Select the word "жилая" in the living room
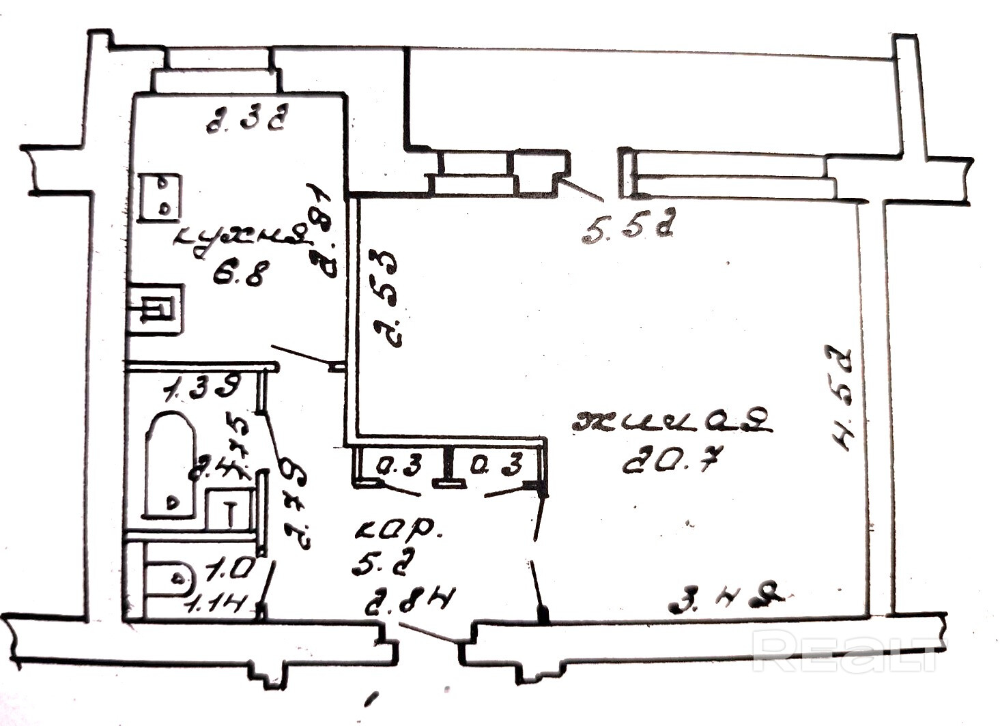click(672, 422)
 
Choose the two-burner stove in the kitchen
click(160, 197)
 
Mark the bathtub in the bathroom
click(171, 464)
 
